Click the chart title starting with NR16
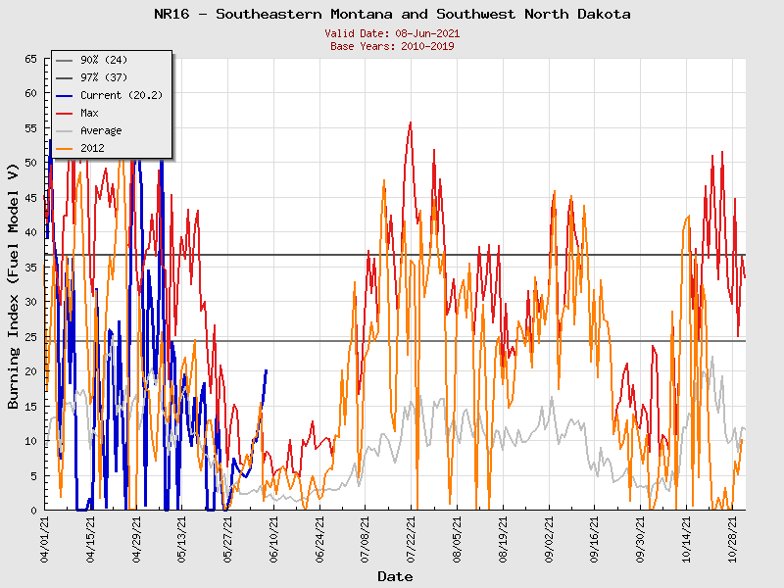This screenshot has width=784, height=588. click(392, 15)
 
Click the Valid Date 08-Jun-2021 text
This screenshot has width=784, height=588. click(392, 33)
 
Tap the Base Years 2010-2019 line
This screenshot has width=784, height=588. click(392, 46)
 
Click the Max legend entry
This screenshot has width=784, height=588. click(89, 114)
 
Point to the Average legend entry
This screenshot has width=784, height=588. click(101, 131)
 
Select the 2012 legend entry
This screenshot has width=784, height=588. click(92, 149)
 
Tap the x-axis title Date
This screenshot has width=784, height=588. click(395, 576)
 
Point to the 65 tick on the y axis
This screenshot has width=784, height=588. click(30, 59)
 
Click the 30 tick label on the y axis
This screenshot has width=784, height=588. click(30, 302)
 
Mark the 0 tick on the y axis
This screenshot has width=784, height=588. click(33, 511)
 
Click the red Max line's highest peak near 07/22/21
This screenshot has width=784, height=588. click(411, 122)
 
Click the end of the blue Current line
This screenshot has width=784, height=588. click(266, 370)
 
